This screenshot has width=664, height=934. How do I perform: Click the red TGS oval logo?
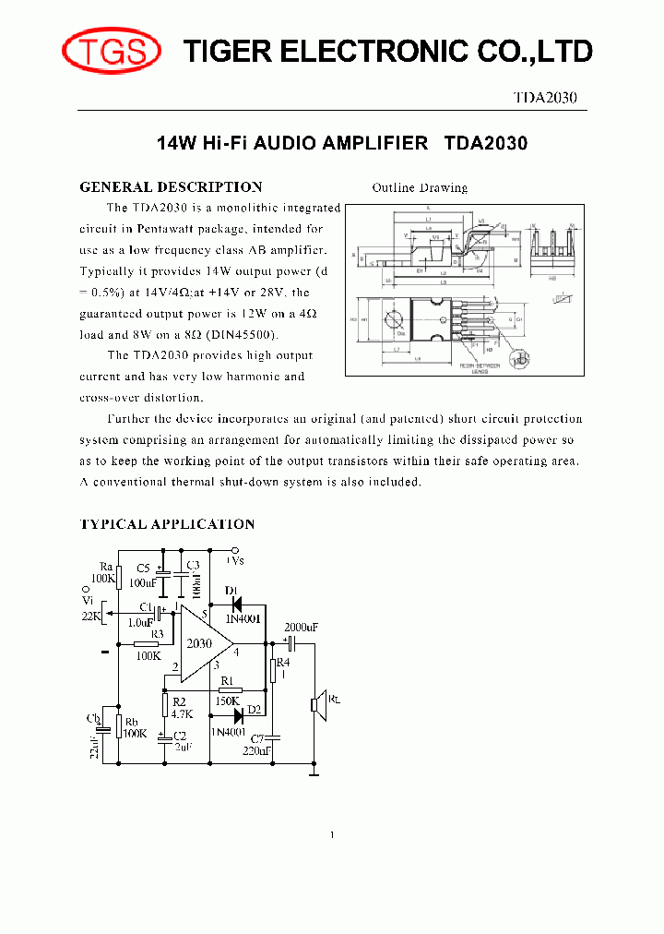(x=111, y=51)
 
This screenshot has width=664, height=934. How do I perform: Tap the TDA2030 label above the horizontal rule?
(x=545, y=99)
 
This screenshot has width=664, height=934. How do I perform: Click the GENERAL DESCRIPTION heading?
(x=171, y=186)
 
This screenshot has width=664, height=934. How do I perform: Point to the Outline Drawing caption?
(x=420, y=187)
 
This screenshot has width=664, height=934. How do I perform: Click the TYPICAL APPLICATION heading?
(x=167, y=524)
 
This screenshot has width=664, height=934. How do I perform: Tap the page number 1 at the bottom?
(x=332, y=835)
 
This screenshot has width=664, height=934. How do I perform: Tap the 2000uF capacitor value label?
(x=301, y=628)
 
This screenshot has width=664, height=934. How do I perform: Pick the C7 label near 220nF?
(x=257, y=739)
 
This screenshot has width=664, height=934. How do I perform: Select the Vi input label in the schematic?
(x=89, y=600)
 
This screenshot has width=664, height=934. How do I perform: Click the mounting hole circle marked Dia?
(x=397, y=321)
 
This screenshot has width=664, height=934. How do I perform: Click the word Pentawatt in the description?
(x=176, y=228)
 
